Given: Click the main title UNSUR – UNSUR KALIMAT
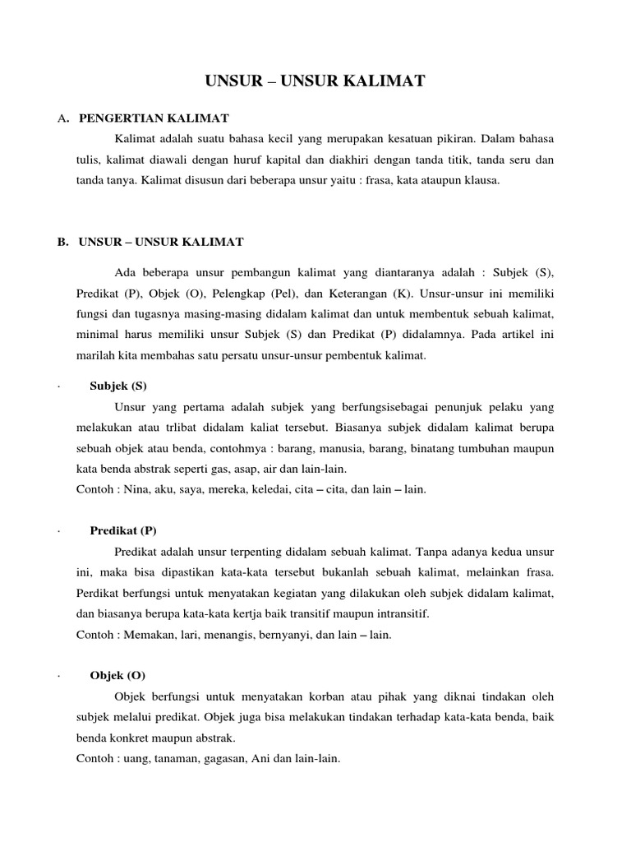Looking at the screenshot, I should pyautogui.click(x=315, y=81).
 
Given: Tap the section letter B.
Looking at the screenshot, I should pyautogui.click(x=62, y=241).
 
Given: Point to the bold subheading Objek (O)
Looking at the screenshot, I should pyautogui.click(x=117, y=676).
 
